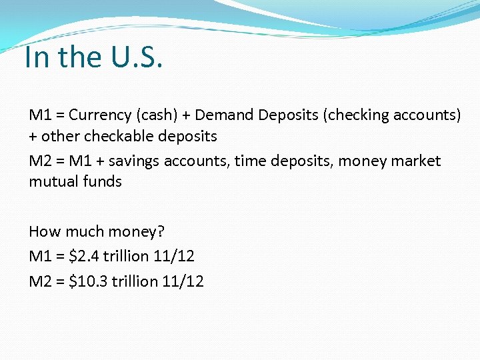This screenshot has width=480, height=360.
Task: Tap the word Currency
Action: pyautogui.click(x=98, y=115)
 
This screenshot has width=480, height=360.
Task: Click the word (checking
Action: pyautogui.click(x=354, y=115)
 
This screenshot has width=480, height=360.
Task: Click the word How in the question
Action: pyautogui.click(x=44, y=231)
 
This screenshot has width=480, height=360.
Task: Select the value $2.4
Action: pyautogui.click(x=84, y=256)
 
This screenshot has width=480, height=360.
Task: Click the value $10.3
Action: pyautogui.click(x=89, y=281)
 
